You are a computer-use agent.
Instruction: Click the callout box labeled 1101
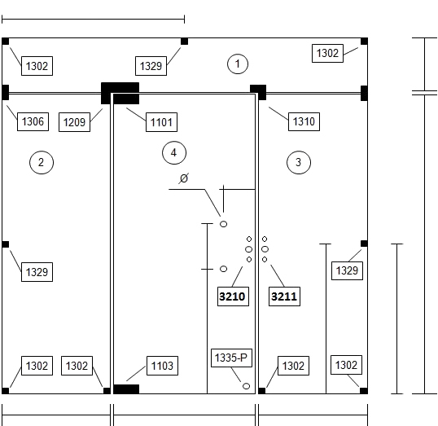(161, 122)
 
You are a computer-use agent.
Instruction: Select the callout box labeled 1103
(162, 366)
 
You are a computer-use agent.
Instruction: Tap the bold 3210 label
(233, 296)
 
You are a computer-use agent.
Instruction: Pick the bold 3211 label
(284, 296)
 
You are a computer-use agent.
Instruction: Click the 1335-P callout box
(231, 358)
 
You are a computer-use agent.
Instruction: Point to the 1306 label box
(33, 121)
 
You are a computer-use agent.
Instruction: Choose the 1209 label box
(74, 122)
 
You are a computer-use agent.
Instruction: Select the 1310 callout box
(304, 121)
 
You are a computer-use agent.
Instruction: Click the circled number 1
(238, 64)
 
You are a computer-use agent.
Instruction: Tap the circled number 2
(42, 162)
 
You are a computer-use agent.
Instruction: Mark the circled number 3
(299, 162)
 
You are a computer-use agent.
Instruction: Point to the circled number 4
(174, 152)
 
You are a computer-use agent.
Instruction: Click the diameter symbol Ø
(184, 178)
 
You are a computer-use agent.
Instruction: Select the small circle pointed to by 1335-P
(246, 386)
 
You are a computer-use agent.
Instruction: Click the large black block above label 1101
(120, 93)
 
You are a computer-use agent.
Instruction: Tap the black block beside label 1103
(126, 389)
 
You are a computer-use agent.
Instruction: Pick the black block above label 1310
(258, 92)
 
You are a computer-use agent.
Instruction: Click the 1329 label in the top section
(151, 66)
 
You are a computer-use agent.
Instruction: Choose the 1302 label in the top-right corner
(327, 53)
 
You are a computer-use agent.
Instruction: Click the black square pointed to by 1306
(6, 92)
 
